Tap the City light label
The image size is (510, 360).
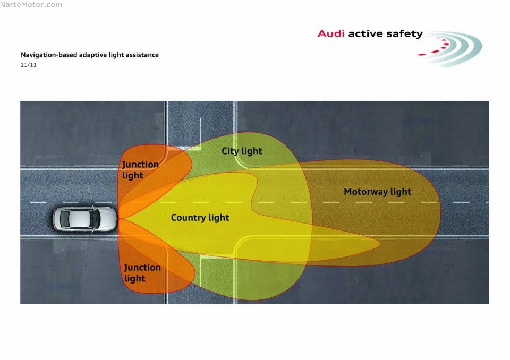tap(242, 151)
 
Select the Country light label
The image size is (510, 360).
tap(200, 218)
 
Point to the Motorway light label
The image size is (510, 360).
tap(377, 192)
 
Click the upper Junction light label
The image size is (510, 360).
tap(140, 169)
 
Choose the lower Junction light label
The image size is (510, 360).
tap(142, 273)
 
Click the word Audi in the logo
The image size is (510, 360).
tap(331, 33)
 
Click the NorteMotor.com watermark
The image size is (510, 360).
tap(31, 5)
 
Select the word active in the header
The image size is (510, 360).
tap(367, 33)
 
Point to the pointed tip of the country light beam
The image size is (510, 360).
tap(378, 244)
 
